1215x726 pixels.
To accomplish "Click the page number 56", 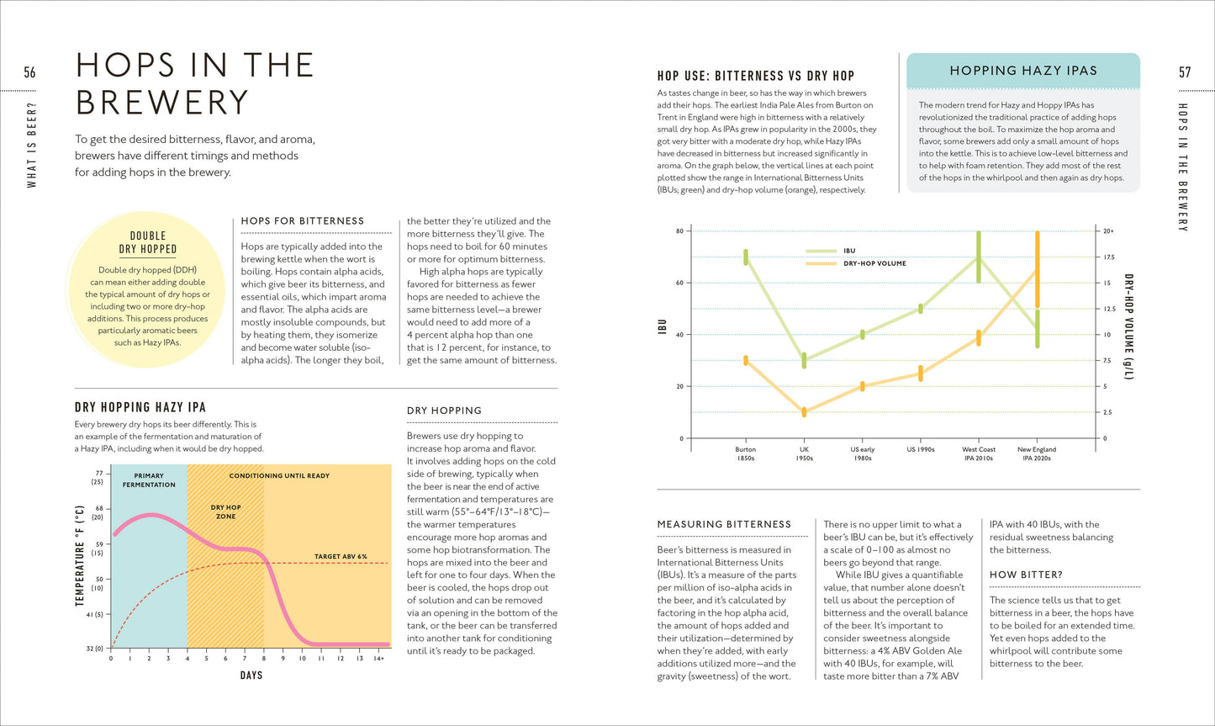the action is point(29,72).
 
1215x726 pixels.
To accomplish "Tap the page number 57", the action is point(1185,72).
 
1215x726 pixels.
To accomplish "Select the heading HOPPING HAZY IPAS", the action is point(1023,71).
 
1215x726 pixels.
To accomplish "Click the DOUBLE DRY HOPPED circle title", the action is point(147,242).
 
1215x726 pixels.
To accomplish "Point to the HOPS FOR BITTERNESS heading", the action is point(302,221).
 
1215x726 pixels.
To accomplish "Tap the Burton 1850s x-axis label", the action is point(745,453).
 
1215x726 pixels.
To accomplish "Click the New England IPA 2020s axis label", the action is point(1037,453).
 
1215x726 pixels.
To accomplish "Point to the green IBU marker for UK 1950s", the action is point(804,360).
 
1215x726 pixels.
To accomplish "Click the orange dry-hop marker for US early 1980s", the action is point(863,386).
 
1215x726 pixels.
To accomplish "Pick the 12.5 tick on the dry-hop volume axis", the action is point(1110,309).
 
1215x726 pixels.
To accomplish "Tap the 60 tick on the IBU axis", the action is point(679,283).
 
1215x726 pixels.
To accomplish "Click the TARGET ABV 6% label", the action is point(341,556).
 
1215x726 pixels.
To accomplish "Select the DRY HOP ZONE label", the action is point(225,511).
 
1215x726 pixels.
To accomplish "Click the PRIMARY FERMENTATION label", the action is point(149,480).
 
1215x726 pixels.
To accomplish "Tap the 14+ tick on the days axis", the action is point(378,658).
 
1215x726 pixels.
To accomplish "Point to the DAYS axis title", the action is point(251,675).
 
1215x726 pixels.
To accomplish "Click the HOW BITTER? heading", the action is point(1026,575).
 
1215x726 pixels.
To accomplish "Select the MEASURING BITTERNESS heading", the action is point(724,524).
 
